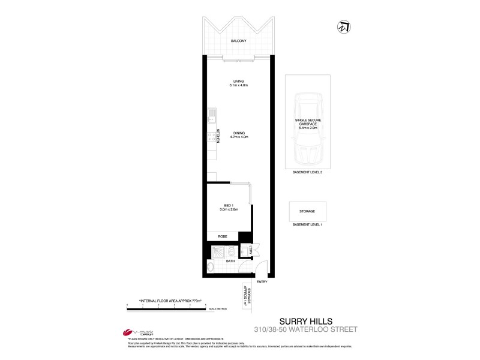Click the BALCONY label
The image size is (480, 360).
pyautogui.click(x=239, y=41)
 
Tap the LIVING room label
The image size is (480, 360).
pyautogui.click(x=239, y=82)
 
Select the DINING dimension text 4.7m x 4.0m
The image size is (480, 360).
pyautogui.click(x=239, y=137)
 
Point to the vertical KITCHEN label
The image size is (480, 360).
pyautogui.click(x=218, y=137)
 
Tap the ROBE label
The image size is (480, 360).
pyautogui.click(x=222, y=237)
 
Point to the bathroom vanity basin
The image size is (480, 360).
pyautogui.click(x=211, y=266)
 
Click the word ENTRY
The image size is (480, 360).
pyautogui.click(x=262, y=281)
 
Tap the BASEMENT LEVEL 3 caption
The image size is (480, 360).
pyautogui.click(x=307, y=172)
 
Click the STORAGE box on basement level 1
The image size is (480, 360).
pyautogui.click(x=307, y=211)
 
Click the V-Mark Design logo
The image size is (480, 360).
pyautogui.click(x=135, y=333)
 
